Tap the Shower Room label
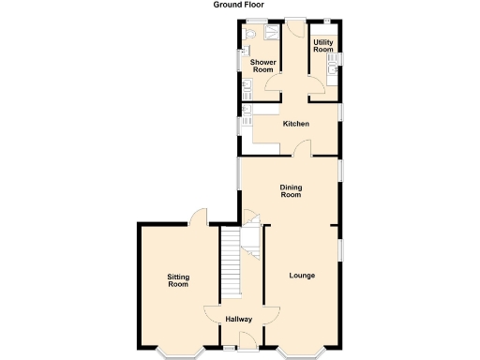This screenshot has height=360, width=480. [262, 66]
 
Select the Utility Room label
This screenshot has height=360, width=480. [323, 46]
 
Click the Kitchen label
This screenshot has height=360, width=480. [296, 124]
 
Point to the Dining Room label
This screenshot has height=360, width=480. [291, 191]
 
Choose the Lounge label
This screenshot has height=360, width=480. [301, 276]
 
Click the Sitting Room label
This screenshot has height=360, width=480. [178, 279]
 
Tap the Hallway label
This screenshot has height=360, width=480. [239, 320]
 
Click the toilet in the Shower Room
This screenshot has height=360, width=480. [249, 34]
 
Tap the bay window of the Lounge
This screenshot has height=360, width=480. [302, 353]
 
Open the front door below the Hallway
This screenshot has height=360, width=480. [239, 348]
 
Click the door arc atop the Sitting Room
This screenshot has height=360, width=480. [198, 217]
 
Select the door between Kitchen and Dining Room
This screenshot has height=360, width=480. [302, 148]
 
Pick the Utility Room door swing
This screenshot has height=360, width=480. [318, 86]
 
